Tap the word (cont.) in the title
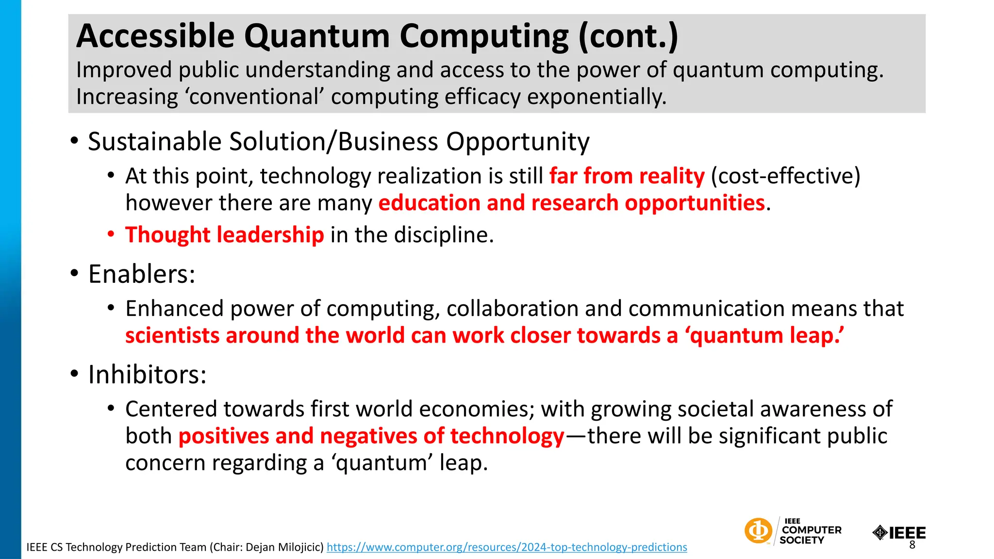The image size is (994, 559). click(628, 36)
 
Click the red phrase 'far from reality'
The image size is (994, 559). click(627, 176)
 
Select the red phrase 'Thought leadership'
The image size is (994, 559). click(224, 235)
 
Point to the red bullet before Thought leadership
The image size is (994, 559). click(111, 235)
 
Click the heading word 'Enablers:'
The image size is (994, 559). click(141, 274)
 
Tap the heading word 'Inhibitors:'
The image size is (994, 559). click(147, 375)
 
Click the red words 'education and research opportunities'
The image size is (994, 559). click(571, 203)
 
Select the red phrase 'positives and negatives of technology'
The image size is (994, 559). click(371, 436)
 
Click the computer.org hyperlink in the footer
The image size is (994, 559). click(507, 547)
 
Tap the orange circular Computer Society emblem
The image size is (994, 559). click(758, 530)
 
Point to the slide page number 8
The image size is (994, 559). click(912, 545)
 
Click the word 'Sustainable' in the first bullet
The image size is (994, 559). click(154, 142)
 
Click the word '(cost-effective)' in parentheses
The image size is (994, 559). click(785, 176)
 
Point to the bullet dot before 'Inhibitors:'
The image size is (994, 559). click(74, 375)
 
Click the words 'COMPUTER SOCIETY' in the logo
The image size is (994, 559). click(811, 535)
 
